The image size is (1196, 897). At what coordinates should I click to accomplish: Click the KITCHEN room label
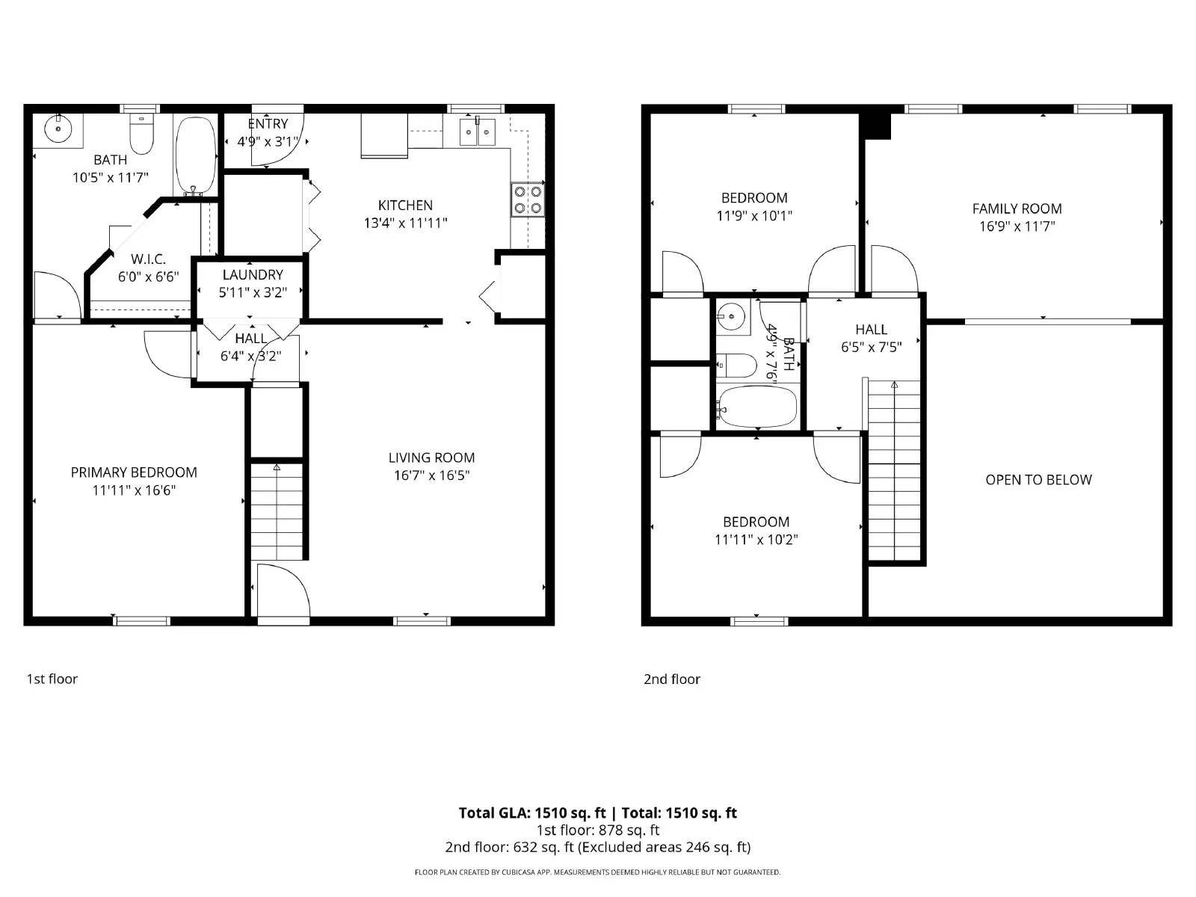[x=405, y=205]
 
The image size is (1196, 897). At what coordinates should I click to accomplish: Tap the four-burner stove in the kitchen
[x=528, y=199]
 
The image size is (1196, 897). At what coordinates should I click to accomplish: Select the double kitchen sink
[x=478, y=134]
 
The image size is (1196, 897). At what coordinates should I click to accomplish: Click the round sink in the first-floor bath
[x=57, y=128]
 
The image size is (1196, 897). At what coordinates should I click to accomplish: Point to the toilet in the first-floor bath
[x=141, y=135]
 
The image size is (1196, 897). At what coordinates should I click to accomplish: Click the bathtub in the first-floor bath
[x=195, y=155]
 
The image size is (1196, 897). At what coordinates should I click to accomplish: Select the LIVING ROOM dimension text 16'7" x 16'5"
[x=431, y=475]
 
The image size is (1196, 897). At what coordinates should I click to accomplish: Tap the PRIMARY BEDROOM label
[x=134, y=472]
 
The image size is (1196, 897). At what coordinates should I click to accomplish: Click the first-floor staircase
[x=277, y=511]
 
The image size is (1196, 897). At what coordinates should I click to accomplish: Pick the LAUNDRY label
[x=253, y=275]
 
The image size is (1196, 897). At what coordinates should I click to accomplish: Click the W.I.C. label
[x=148, y=259]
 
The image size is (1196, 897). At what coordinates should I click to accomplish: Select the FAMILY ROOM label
[x=1017, y=209]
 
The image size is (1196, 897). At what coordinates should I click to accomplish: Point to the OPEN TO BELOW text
[x=1038, y=480]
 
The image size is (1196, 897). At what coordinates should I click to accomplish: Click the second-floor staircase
[x=894, y=471]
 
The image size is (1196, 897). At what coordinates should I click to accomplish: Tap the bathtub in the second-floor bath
[x=757, y=407]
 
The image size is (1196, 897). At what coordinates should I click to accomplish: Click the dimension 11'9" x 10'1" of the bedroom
[x=754, y=216]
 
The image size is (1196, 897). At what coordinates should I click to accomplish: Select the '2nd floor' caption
[x=672, y=679]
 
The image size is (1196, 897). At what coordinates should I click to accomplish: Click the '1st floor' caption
[x=52, y=679]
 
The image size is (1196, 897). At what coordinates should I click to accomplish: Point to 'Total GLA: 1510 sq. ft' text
[x=532, y=813]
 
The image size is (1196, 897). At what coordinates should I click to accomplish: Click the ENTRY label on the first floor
[x=268, y=124]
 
